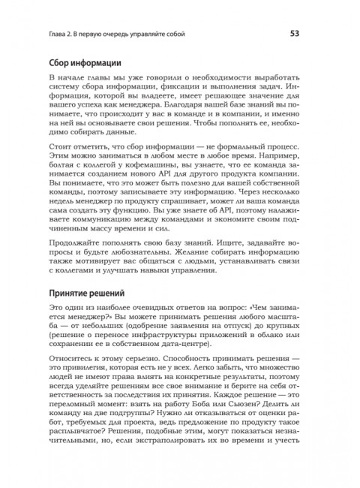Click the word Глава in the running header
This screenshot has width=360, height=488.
pos(59,34)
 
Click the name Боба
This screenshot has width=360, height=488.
pos(229,416)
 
